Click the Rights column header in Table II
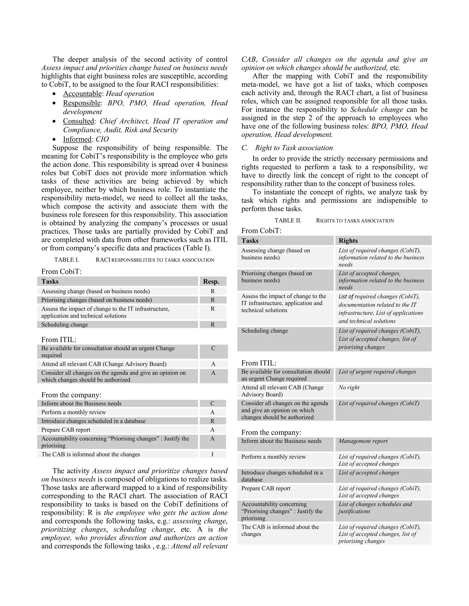[x=348, y=241]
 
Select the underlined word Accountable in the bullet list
[x=82, y=94]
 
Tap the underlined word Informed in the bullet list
[x=77, y=139]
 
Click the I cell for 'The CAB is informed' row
[x=212, y=454]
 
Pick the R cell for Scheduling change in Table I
[x=213, y=324]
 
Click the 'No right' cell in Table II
[x=349, y=387]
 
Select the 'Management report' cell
[x=363, y=441]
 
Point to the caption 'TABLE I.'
[x=66, y=260]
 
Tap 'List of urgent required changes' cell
[x=377, y=372]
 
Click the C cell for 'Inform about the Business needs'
[x=212, y=403]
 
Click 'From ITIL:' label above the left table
[x=59, y=340]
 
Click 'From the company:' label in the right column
[x=271, y=432]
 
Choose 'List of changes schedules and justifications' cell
[x=375, y=507]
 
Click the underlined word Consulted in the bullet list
[x=78, y=121]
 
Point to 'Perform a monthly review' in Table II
[x=273, y=457]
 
